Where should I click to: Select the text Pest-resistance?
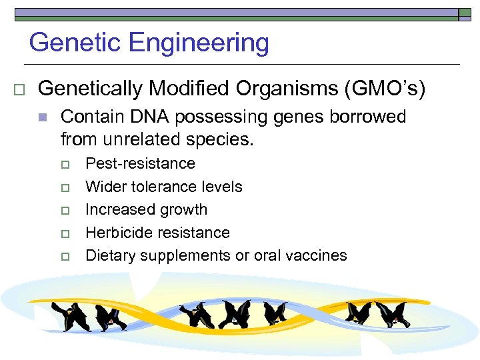point(140,164)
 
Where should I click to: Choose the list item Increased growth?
point(146,209)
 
